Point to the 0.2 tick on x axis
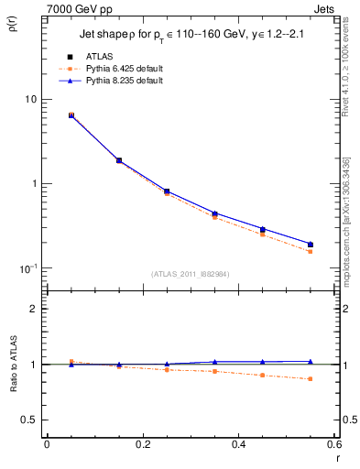[143, 444]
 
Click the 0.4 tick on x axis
[239, 444]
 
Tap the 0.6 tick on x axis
[334, 444]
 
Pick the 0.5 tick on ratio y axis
[29, 420]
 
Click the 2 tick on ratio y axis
[33, 309]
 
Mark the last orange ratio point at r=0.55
[311, 379]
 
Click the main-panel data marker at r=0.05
[71, 115]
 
